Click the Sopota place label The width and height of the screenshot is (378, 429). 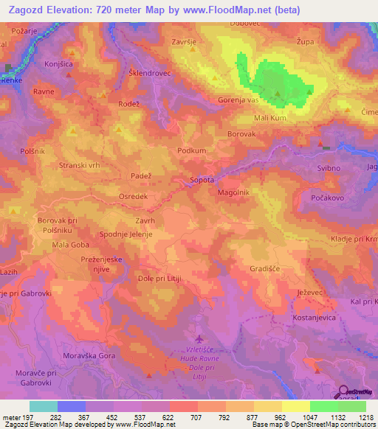202,179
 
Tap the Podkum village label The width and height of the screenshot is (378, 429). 192,150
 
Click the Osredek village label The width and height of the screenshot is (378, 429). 134,197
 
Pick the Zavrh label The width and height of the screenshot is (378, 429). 145,220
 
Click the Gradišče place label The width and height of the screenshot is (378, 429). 265,269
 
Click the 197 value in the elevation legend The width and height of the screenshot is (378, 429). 30,416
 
